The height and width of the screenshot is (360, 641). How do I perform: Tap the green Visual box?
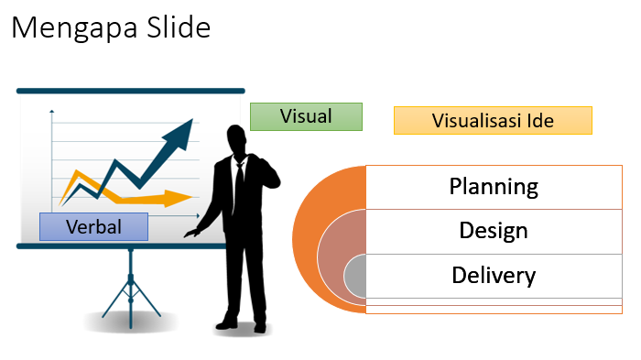tap(306, 116)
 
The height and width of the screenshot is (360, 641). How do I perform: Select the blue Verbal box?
tap(93, 226)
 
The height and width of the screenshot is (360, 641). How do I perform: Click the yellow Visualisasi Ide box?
tap(493, 120)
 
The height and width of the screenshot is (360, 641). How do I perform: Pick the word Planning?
tap(493, 187)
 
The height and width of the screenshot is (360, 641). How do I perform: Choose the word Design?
tap(493, 230)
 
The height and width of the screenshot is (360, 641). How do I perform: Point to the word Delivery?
tap(493, 275)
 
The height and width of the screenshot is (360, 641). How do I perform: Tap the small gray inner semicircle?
tap(355, 276)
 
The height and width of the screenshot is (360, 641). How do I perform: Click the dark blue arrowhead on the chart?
tap(184, 133)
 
